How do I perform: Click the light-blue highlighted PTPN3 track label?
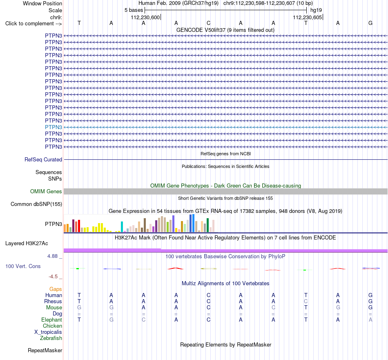tap(54, 127)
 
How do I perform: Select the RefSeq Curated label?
tap(43, 160)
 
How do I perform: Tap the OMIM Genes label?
tap(46, 191)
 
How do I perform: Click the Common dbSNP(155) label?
tap(36, 204)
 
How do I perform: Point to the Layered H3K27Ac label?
tap(27, 244)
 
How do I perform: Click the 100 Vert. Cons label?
tap(23, 266)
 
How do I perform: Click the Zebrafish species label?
tap(51, 338)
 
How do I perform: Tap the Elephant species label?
tap(51, 320)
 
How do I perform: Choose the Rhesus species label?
tap(53, 302)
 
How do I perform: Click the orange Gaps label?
tap(56, 289)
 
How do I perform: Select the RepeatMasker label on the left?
tap(45, 351)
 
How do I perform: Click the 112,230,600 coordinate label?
tap(145, 18)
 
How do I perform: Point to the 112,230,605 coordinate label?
tap(307, 18)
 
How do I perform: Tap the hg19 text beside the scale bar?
tap(316, 10)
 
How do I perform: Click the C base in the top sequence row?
tap(209, 23)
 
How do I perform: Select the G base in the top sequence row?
tap(370, 23)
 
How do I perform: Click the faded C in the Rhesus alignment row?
tap(306, 302)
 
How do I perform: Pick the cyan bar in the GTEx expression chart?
tap(122, 227)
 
